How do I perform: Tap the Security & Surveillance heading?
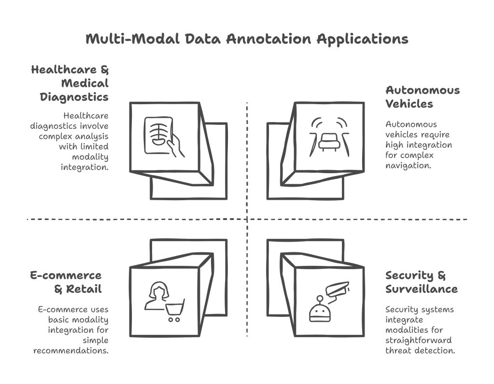[x=421, y=282]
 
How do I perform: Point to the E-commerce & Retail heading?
[x=66, y=282]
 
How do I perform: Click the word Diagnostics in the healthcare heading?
[x=74, y=97]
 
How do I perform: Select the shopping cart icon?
[x=175, y=310]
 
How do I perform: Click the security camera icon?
[x=337, y=288]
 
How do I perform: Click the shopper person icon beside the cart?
[x=156, y=296]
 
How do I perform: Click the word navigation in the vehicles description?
[x=408, y=165]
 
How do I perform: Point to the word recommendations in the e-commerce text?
[x=71, y=351]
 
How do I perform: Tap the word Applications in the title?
[x=362, y=39]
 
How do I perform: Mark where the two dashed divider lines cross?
[x=247, y=219]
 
